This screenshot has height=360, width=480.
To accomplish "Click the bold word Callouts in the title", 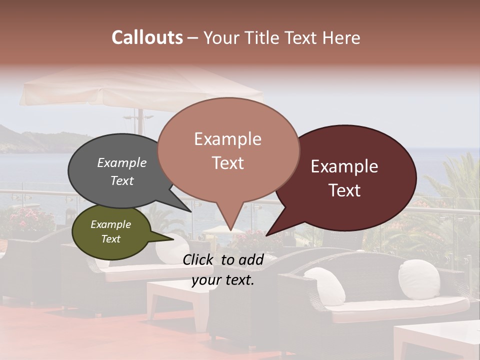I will pyautogui.click(x=147, y=38).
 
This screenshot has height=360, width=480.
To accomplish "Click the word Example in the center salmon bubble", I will pyautogui.click(x=227, y=139).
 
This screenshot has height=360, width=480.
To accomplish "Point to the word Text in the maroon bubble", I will pyautogui.click(x=345, y=190).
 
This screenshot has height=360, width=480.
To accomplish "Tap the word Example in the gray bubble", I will pyautogui.click(x=121, y=163).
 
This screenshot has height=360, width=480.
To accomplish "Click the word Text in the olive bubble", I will pyautogui.click(x=111, y=239).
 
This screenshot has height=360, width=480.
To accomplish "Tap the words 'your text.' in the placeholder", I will pyautogui.click(x=223, y=280).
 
